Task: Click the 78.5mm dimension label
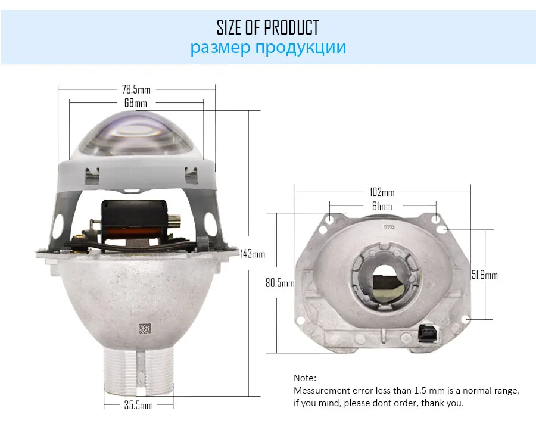point(136,89)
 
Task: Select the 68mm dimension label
point(135,103)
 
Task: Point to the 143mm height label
point(253,254)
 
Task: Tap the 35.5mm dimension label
point(138,405)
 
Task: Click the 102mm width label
point(382,192)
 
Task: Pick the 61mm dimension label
point(382,206)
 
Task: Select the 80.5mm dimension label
point(280,283)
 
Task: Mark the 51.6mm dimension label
point(485,275)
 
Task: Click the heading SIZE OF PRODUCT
point(267,27)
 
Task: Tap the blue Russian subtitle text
point(268,48)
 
